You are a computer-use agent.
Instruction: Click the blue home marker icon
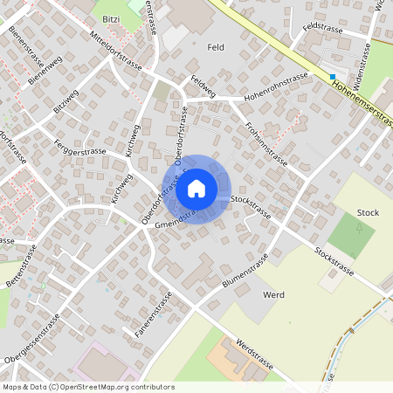(x=196, y=188)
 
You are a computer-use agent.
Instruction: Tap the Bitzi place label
(x=111, y=18)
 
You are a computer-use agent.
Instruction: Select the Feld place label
(x=215, y=46)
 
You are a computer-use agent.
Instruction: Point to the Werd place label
(x=273, y=295)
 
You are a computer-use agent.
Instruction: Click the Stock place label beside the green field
(x=369, y=212)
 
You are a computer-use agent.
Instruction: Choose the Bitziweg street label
(x=65, y=102)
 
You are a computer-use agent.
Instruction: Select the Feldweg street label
(x=202, y=86)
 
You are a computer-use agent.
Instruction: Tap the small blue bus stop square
(x=332, y=77)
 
